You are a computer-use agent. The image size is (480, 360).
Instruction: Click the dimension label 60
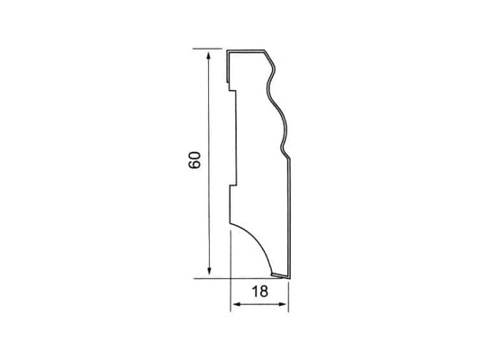tap(195, 160)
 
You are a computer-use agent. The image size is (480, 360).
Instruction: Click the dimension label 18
tap(260, 292)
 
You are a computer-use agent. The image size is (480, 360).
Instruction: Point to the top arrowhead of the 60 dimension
tap(209, 57)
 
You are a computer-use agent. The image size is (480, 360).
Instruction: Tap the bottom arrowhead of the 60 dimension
tap(209, 270)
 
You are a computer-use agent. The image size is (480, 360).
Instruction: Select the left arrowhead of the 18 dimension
tap(238, 304)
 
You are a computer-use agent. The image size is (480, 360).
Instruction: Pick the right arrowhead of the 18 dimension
tap(282, 304)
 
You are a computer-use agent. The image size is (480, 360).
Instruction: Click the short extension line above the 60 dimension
tap(207, 49)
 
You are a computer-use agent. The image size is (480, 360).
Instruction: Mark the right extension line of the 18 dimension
tap(288, 297)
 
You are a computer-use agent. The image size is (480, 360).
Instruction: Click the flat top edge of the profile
tap(246, 50)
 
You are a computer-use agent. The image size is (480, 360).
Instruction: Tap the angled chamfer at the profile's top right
tap(269, 58)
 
